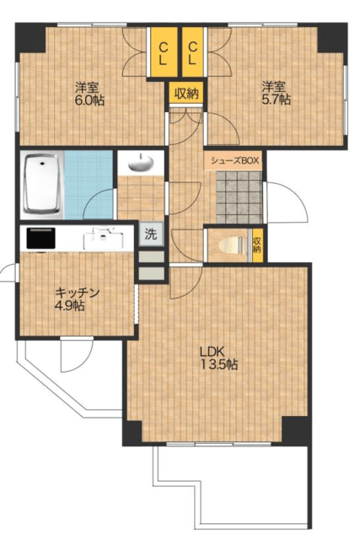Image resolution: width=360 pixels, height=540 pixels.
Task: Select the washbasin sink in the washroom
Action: pyautogui.click(x=141, y=163)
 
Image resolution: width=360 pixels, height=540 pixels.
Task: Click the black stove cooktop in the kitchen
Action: pyautogui.click(x=41, y=238)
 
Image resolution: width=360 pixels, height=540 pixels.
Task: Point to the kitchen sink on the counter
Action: pyautogui.click(x=103, y=239)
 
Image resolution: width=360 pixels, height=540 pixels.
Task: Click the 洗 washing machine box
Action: pyautogui.click(x=151, y=235)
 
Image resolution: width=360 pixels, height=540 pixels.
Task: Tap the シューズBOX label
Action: pyautogui.click(x=234, y=160)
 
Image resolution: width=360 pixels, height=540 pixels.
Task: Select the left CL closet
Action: pyautogui.click(x=164, y=52)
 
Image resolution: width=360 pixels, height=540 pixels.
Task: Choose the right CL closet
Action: pyautogui.click(x=192, y=52)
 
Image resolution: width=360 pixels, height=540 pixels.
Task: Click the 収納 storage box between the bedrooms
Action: pyautogui.click(x=186, y=93)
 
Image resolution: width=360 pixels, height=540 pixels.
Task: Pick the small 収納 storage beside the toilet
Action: pyautogui.click(x=256, y=245)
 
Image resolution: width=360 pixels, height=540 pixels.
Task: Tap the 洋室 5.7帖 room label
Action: pyautogui.click(x=276, y=93)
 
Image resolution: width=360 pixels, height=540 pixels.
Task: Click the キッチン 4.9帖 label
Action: pyautogui.click(x=77, y=299)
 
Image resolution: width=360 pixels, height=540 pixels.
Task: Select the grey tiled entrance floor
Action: pyautogui.click(x=239, y=197)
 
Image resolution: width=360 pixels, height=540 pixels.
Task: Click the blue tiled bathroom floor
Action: pyautogui.click(x=89, y=185)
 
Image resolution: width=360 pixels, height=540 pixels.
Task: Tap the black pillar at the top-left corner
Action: pyautogui.click(x=30, y=37)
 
